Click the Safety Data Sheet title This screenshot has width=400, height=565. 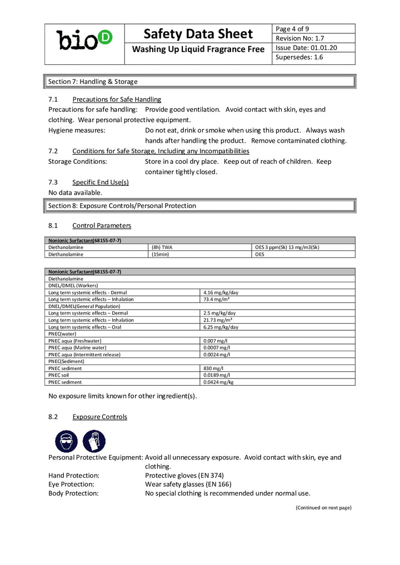point(198,33)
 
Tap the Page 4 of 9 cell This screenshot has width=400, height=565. point(293,29)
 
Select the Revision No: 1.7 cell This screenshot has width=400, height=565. point(300,38)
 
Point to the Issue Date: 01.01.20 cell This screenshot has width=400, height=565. point(307,48)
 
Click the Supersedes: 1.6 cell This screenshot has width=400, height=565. point(299,57)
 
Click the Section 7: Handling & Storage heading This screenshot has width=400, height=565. point(93,82)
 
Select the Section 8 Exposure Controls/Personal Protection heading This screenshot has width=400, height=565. point(122,206)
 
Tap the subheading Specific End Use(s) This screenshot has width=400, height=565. point(101,182)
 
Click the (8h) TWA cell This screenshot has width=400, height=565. point(162,247)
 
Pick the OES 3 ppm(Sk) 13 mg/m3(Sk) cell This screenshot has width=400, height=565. point(287,247)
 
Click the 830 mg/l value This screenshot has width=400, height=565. point(213,368)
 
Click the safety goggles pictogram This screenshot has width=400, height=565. point(67,441)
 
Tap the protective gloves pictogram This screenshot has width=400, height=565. point(94,441)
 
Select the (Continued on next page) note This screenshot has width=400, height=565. point(323,507)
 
